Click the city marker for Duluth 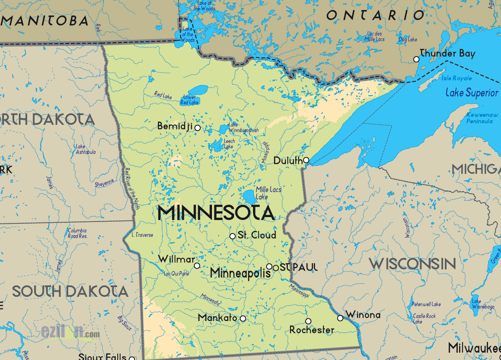pos(306,160)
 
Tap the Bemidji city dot pos(198,128)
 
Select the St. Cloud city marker pos(232,236)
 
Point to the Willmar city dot pos(197,266)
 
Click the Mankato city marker pos(243,319)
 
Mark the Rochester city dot pos(308,321)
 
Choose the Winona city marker pos(340,318)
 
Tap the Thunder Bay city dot pos(416,60)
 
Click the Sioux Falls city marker pos(132,358)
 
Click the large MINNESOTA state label pos(216,213)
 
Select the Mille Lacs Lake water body pos(249,196)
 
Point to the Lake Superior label pos(472,93)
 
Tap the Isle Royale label pos(456,78)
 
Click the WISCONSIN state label pos(412,264)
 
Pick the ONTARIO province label pos(375,16)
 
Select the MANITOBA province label pos(45,21)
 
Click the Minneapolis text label pos(240,273)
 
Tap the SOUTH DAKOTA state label pos(70,291)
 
